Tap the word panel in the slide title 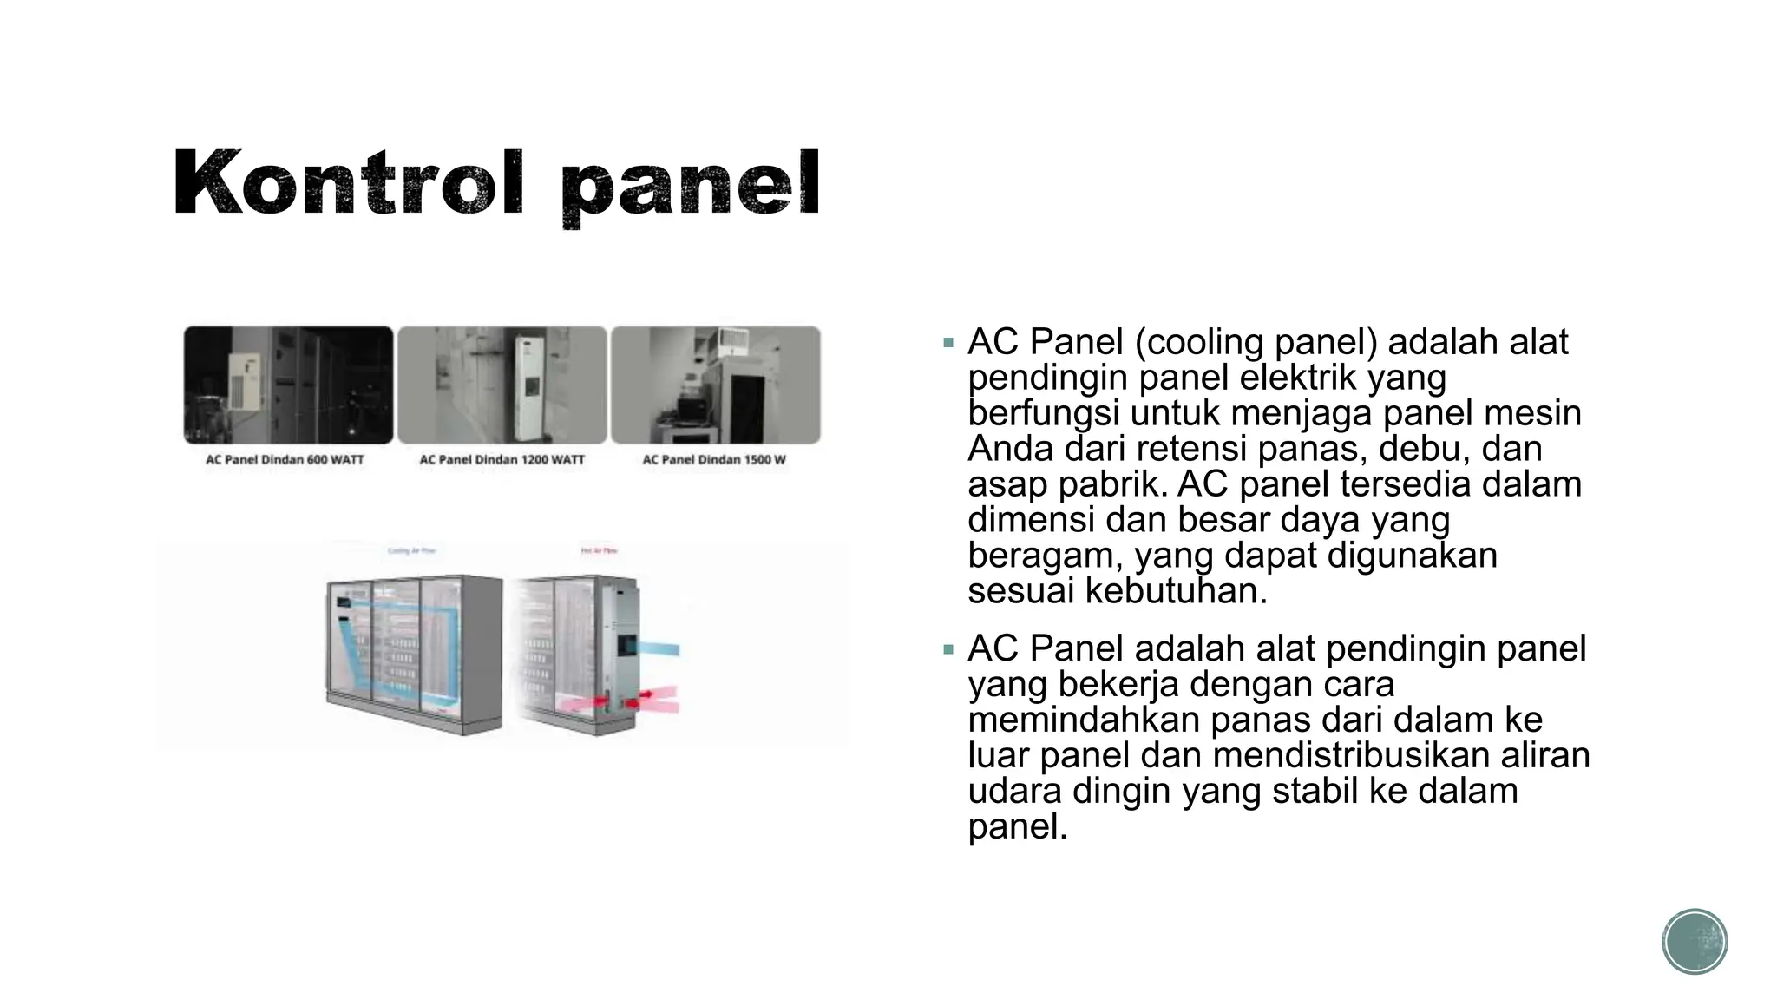pyautogui.click(x=690, y=187)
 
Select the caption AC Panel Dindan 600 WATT pyautogui.click(x=285, y=459)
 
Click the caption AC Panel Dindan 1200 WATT pyautogui.click(x=502, y=459)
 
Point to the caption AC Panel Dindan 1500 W pyautogui.click(x=714, y=459)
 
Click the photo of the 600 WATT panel pyautogui.click(x=288, y=385)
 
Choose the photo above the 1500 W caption pyautogui.click(x=715, y=385)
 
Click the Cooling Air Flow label pyautogui.click(x=411, y=550)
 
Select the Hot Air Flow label pyautogui.click(x=599, y=550)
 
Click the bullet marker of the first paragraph pyautogui.click(x=948, y=343)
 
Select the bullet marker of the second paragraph pyautogui.click(x=948, y=649)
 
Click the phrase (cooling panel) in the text pyautogui.click(x=1256, y=342)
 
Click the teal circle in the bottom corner pyautogui.click(x=1695, y=941)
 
